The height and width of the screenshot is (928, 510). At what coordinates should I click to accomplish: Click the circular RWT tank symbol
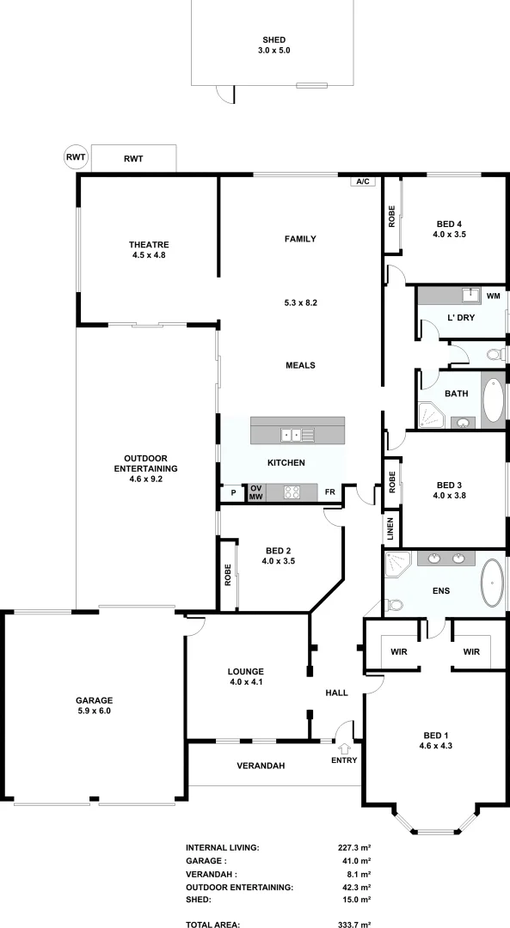point(76,157)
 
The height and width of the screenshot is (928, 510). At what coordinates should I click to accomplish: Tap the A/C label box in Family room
point(362,182)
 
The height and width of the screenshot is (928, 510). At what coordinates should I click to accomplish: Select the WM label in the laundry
point(493,296)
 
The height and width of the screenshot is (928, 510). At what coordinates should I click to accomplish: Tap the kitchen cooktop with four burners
point(292,492)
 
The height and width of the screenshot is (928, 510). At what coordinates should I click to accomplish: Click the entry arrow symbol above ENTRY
point(344,749)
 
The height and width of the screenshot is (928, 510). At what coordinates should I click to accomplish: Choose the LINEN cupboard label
point(390,528)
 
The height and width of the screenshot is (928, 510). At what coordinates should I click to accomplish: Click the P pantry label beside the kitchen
point(233,493)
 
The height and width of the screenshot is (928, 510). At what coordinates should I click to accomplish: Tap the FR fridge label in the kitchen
point(330,492)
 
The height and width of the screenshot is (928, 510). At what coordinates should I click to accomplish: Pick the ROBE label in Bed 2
point(228,573)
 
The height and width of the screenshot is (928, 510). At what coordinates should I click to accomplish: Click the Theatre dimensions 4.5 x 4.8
point(148,255)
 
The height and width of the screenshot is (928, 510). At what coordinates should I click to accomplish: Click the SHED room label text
point(273,40)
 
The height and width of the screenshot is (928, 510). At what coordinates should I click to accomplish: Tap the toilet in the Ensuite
point(396,604)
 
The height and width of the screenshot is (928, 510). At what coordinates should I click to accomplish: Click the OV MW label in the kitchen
point(255,492)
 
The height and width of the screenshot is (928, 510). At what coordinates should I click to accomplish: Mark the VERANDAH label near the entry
point(261,766)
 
